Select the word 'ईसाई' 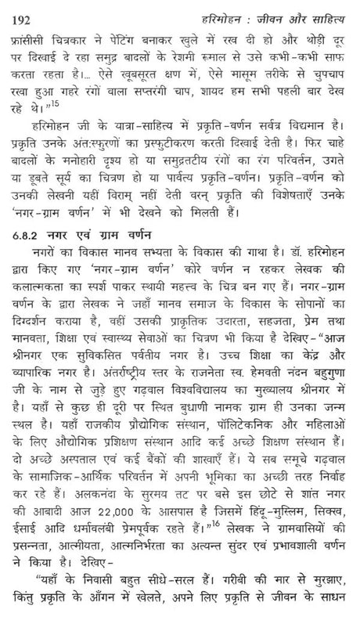coord(29,542)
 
